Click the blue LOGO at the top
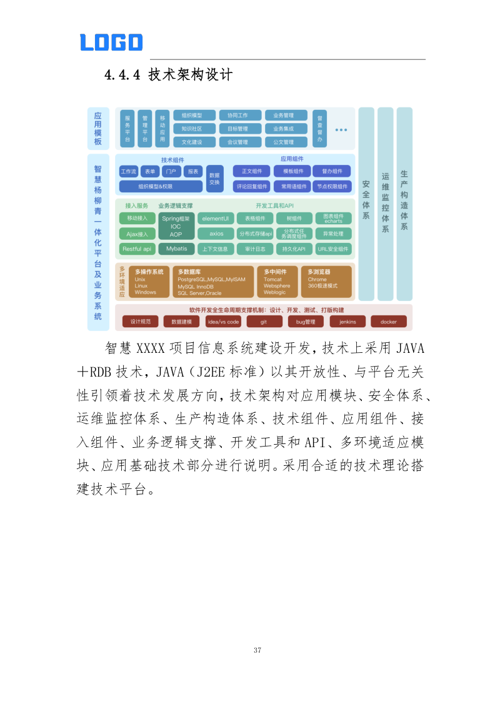click(111, 42)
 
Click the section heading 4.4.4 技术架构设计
click(168, 76)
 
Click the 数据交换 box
click(214, 178)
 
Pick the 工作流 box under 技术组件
click(129, 171)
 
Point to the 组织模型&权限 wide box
click(161, 186)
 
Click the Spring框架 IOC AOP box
click(176, 226)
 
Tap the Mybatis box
click(176, 249)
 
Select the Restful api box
click(137, 249)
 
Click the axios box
click(216, 234)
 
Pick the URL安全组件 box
click(333, 249)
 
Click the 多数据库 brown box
click(214, 282)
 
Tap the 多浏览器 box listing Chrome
click(325, 282)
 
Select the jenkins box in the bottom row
click(347, 322)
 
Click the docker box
click(388, 322)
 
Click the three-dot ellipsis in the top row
click(341, 130)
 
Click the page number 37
click(257, 650)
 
